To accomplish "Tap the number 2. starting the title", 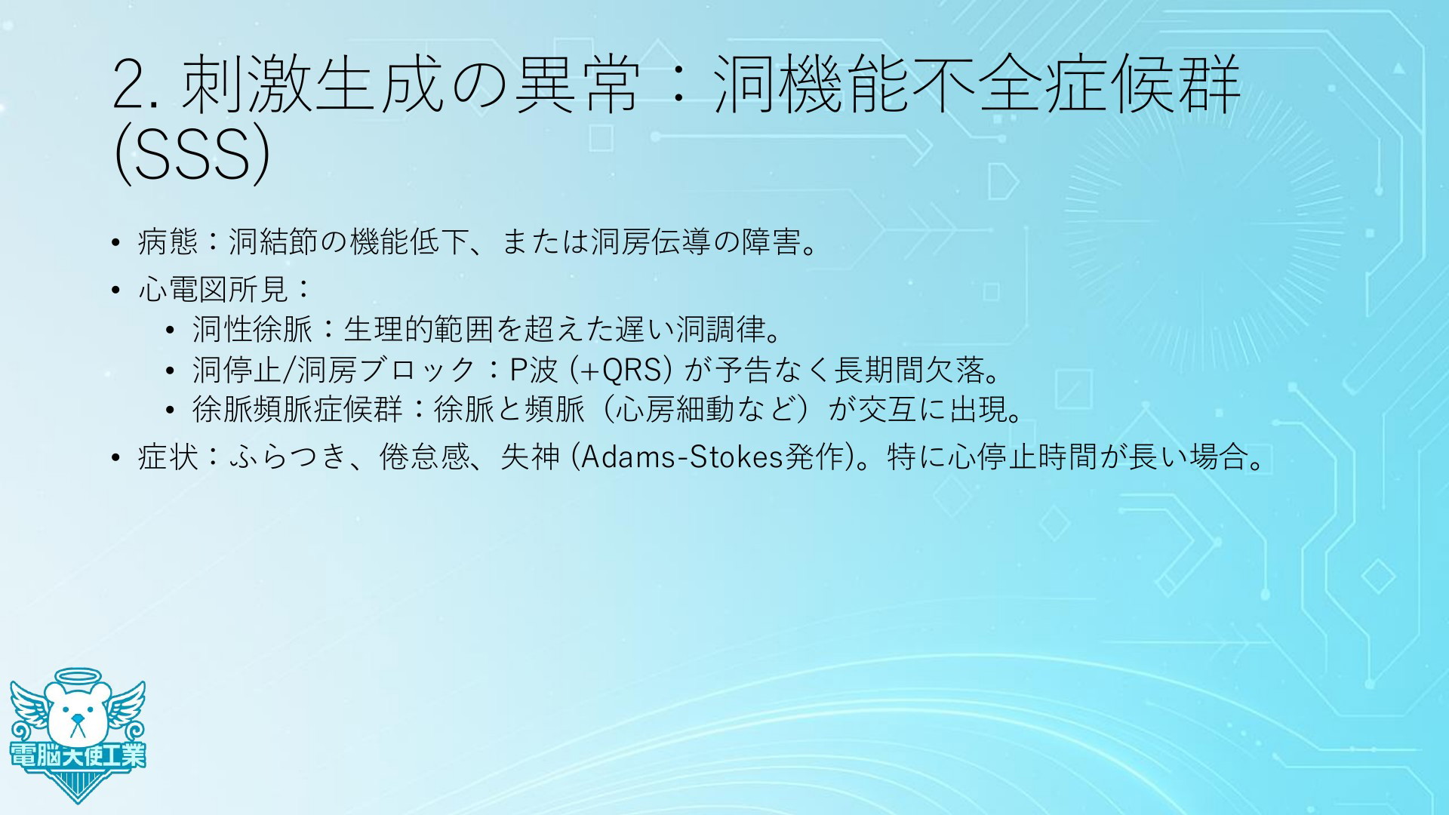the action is click(x=135, y=86).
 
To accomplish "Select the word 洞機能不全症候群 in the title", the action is click(x=977, y=85).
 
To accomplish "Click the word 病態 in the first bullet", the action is click(x=168, y=241).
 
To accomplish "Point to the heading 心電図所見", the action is click(x=214, y=288).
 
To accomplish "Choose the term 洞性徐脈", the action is click(x=252, y=328).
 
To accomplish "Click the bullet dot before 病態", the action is click(x=115, y=243).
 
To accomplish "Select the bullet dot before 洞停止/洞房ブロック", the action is click(x=170, y=371).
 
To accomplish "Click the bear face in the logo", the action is click(x=76, y=714).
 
